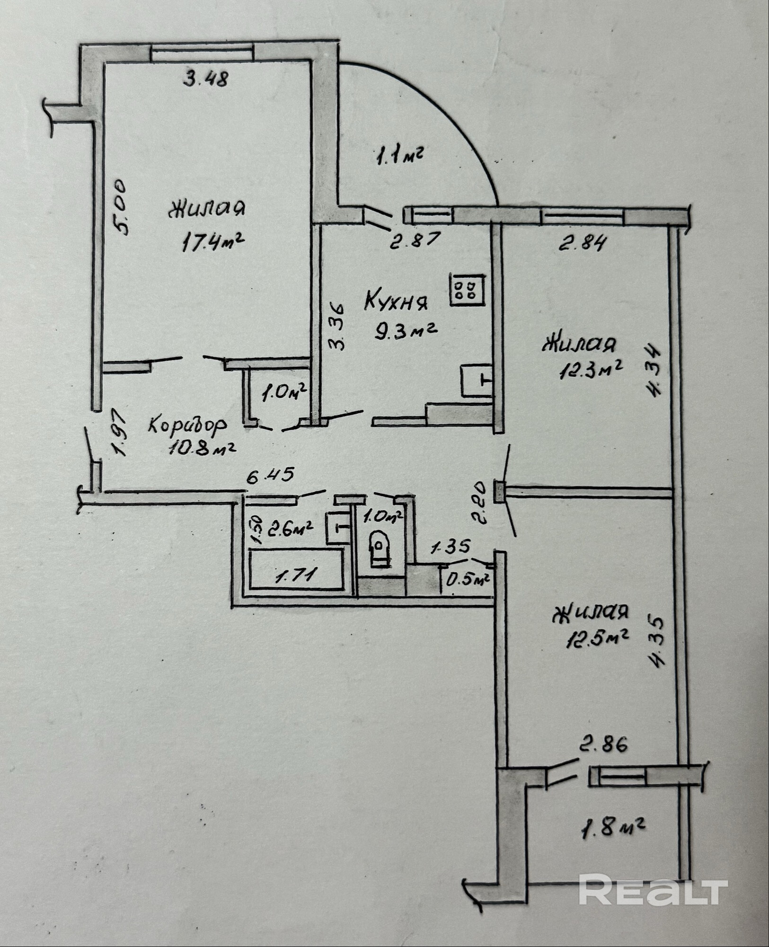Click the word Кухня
396,301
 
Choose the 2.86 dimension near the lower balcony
603,744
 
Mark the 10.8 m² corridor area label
202,447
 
